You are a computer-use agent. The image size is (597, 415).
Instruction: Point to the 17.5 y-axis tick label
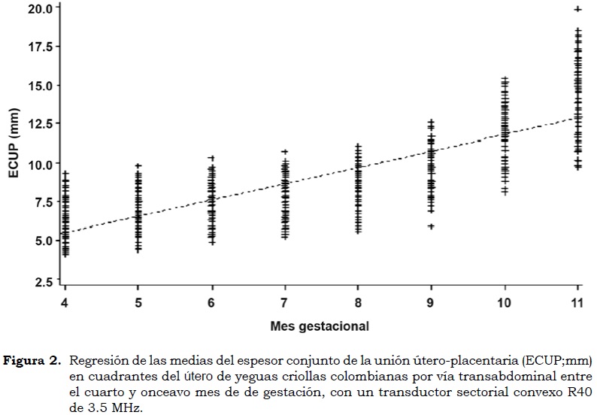click(x=39, y=47)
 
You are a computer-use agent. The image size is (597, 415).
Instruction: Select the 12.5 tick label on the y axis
click(x=39, y=124)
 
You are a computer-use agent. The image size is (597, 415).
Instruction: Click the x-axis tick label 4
click(x=65, y=302)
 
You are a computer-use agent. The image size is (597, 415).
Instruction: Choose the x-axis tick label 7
click(x=284, y=302)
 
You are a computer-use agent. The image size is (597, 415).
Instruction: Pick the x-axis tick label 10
click(x=504, y=302)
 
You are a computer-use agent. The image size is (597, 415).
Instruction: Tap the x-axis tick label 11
click(x=577, y=302)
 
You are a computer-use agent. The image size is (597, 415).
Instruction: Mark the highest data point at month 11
click(x=577, y=9)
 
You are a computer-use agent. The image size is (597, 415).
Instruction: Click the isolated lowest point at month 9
click(x=431, y=226)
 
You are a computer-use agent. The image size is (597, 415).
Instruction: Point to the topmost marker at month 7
click(x=285, y=152)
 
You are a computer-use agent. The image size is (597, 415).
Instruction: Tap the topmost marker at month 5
click(x=138, y=165)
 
